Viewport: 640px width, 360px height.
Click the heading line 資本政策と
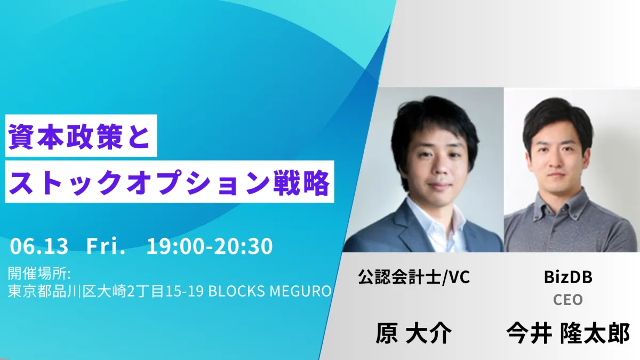point(79,137)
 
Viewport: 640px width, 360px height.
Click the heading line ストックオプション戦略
point(169,182)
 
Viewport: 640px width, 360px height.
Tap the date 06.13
point(39,246)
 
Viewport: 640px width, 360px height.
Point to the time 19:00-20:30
point(210,246)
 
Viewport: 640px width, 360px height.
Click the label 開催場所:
point(39,274)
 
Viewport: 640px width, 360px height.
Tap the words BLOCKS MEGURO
point(270,291)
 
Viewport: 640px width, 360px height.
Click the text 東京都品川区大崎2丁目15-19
point(106,291)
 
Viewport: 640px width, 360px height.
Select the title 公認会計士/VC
point(414,277)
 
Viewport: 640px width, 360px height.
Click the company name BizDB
point(568,277)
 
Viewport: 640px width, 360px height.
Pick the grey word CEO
point(568,300)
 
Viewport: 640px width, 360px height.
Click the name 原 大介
point(413,333)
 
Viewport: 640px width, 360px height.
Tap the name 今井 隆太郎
point(569,333)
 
